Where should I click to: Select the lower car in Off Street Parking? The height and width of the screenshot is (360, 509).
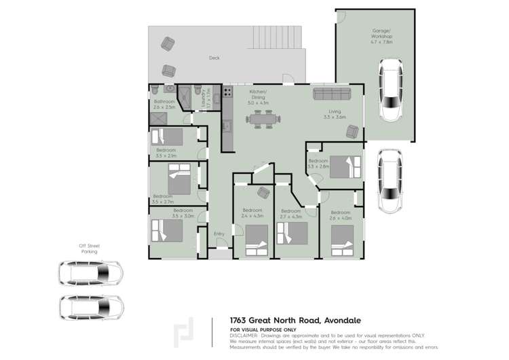click(x=90, y=306)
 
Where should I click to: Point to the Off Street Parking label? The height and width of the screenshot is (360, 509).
click(x=89, y=249)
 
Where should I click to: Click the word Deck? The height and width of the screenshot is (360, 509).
click(x=214, y=58)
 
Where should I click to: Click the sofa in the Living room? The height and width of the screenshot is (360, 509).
click(x=331, y=93)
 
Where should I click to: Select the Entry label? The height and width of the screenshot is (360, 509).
click(x=219, y=234)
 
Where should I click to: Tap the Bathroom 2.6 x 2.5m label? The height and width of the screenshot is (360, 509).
click(x=164, y=105)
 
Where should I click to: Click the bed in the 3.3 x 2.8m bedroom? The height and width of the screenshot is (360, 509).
click(x=345, y=166)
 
